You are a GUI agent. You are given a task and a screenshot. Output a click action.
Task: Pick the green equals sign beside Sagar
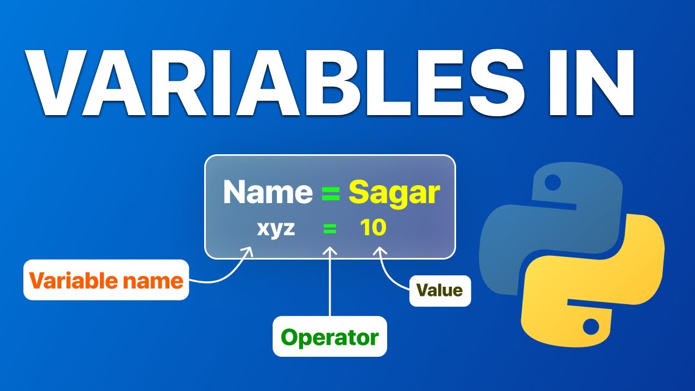[331, 193]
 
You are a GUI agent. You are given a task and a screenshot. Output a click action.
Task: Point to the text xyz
[276, 229]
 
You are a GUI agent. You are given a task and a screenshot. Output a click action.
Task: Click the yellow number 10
[373, 228]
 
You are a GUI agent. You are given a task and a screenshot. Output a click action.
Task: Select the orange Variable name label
[106, 281]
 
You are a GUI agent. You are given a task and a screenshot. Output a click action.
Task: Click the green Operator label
[330, 337]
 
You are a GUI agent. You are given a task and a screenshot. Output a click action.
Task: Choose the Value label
[440, 290]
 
